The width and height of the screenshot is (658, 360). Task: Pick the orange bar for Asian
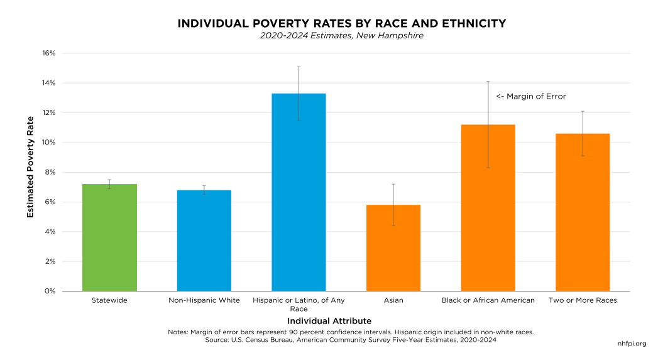pyautogui.click(x=393, y=248)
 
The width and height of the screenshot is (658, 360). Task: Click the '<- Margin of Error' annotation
pyautogui.click(x=531, y=97)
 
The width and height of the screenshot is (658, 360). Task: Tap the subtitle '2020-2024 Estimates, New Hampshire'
pyautogui.click(x=341, y=36)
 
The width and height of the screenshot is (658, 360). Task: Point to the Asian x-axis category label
pyautogui.click(x=393, y=300)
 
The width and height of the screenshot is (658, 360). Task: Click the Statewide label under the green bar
pyautogui.click(x=109, y=300)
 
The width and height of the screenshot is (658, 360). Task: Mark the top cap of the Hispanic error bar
pyautogui.click(x=299, y=67)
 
